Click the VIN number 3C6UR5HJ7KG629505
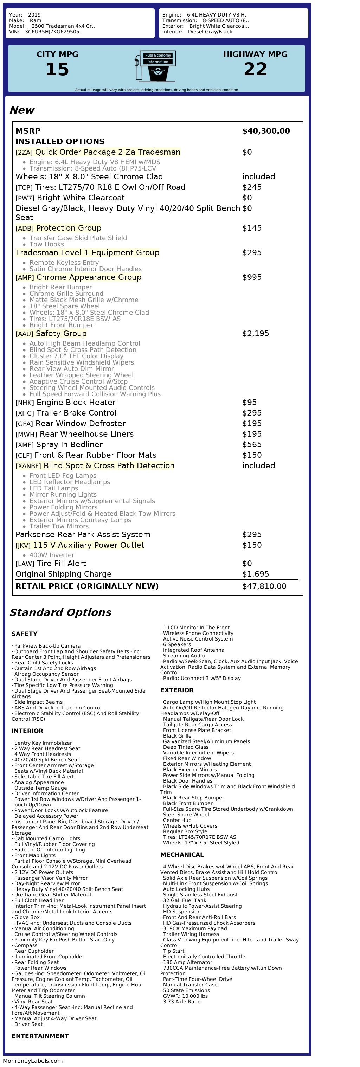52,32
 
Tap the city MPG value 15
57,69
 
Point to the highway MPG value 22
255,69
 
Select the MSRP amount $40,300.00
266,131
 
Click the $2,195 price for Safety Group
255,333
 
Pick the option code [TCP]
24,188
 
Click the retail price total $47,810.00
264,586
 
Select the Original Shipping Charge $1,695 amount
255,574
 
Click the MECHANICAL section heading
182,855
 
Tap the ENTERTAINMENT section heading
40,1036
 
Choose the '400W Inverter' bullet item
52,555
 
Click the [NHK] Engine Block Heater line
65,402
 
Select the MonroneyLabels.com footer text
33,1061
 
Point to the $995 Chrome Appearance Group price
251,277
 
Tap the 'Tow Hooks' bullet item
46,244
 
